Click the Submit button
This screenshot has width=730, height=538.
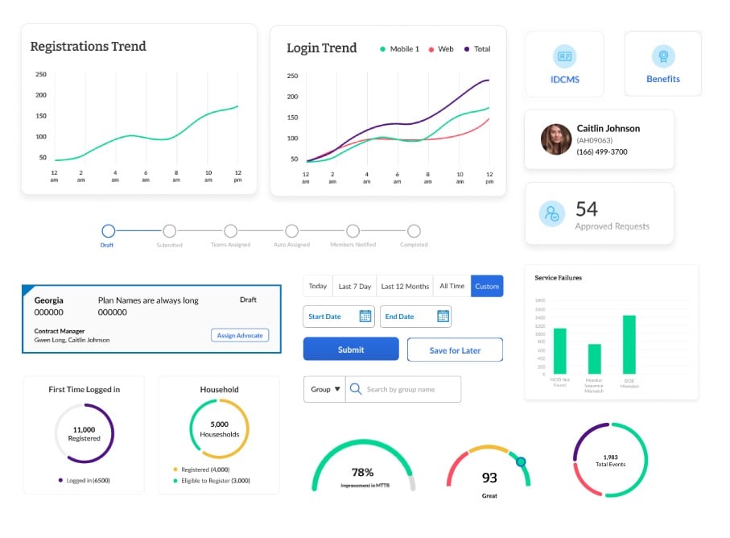point(351,350)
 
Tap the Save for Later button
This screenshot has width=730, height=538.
point(455,350)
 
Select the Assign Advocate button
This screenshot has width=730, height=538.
point(240,335)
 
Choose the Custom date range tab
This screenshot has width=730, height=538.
point(487,286)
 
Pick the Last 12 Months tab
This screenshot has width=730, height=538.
point(405,286)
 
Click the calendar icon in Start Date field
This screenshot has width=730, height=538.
point(365,317)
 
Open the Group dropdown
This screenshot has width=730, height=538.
point(325,389)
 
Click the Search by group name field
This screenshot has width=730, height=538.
point(402,389)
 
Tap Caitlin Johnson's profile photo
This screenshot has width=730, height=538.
point(556,139)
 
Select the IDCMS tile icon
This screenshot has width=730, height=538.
point(565,56)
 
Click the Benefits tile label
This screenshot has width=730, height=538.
point(663,79)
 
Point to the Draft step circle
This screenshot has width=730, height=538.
point(109,231)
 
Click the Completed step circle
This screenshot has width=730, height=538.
point(414,231)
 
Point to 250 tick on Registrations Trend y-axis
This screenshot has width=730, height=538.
point(41,74)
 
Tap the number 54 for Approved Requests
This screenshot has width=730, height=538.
point(587,209)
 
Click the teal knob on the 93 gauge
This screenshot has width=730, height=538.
point(521,461)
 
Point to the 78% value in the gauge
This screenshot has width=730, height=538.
point(363,472)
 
